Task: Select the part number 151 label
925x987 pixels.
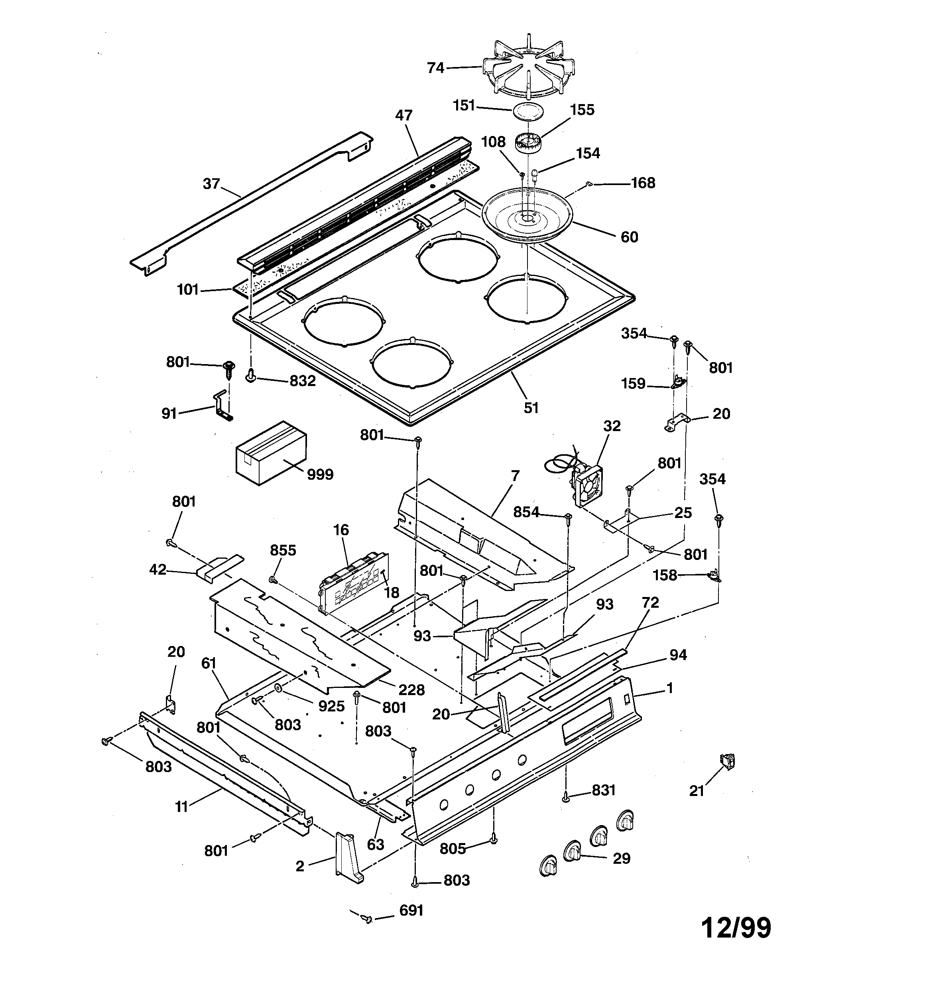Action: pyautogui.click(x=464, y=105)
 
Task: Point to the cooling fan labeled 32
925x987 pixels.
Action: pyautogui.click(x=586, y=485)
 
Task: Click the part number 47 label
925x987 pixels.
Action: pyautogui.click(x=403, y=115)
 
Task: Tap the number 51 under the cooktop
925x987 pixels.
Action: pyautogui.click(x=531, y=408)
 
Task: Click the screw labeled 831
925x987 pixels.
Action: pyautogui.click(x=565, y=798)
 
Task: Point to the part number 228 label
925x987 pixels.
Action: pyautogui.click(x=411, y=690)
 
